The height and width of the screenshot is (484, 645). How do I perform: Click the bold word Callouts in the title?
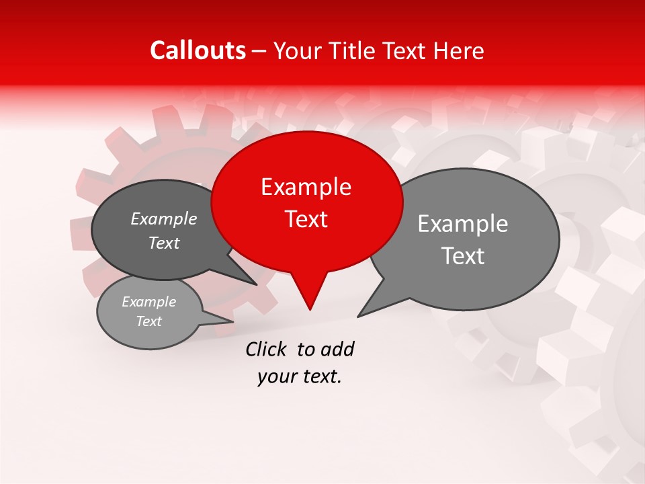coord(198,50)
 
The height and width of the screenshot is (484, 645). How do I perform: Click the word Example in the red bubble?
coord(306,188)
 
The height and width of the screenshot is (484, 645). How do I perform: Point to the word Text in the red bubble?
coord(306,219)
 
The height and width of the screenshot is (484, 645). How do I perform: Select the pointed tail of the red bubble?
coord(310,296)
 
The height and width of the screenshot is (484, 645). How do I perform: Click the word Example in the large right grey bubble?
coord(463,224)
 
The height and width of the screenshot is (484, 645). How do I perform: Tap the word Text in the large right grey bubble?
coord(463,256)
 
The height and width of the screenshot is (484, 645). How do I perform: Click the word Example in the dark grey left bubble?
coord(163,219)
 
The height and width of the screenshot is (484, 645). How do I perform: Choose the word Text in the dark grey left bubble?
coord(163,243)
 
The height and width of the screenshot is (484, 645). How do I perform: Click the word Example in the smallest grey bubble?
coord(148,302)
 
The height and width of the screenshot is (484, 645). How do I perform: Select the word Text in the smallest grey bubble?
coord(148,321)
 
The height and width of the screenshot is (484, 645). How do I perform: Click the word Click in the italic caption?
coord(267,349)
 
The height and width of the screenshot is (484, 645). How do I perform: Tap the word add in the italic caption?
coord(337,349)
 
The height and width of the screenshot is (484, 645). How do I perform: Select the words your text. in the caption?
coord(300,377)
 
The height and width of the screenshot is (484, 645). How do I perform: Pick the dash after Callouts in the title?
coord(260,51)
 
